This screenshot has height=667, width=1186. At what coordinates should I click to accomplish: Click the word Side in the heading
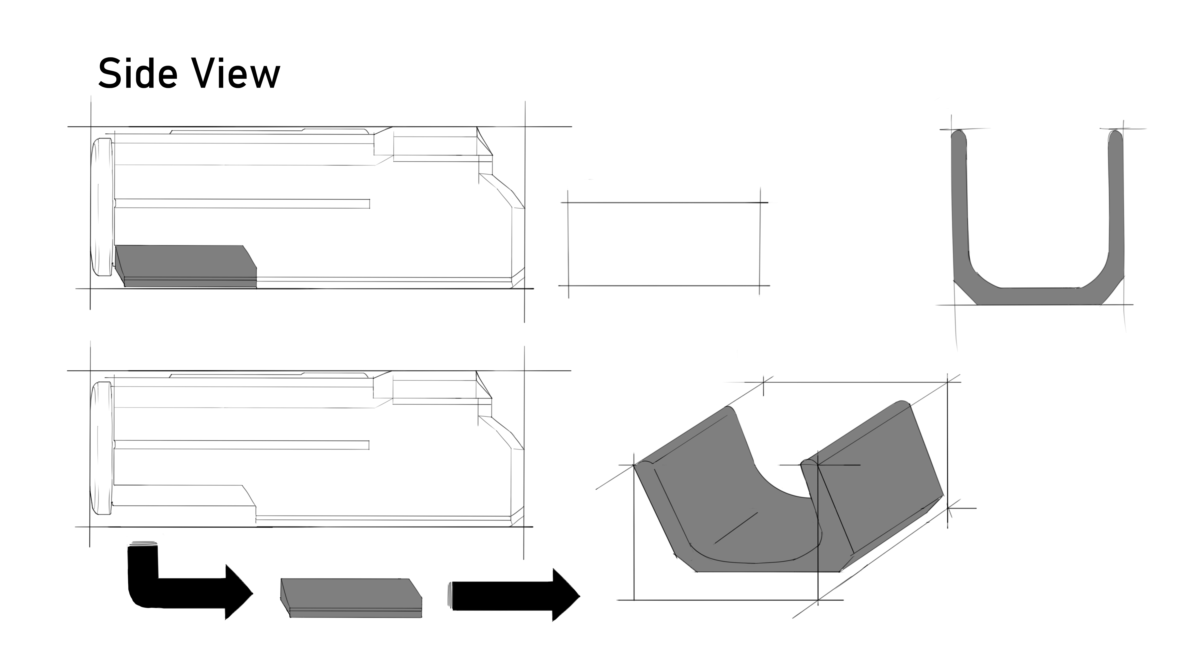click(138, 74)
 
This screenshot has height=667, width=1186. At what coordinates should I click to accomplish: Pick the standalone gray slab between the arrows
click(351, 597)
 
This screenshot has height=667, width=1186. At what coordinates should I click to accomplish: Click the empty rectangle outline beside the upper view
click(664, 244)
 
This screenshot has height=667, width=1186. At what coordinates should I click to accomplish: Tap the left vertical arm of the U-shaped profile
click(960, 207)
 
